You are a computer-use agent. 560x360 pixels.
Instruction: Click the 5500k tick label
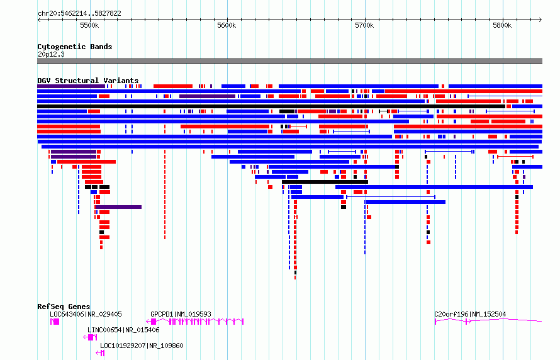tap(89, 25)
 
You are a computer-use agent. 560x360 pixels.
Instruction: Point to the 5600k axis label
tap(227, 25)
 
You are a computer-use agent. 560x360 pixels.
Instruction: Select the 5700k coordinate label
tap(365, 25)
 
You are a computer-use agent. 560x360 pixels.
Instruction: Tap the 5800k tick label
tap(502, 25)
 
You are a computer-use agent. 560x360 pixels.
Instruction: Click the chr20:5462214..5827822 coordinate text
tap(79, 14)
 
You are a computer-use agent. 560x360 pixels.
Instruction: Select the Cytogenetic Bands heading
tap(75, 47)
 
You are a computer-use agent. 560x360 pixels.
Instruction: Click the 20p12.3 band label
tap(51, 54)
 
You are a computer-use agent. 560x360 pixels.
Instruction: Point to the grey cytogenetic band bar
tap(289, 61)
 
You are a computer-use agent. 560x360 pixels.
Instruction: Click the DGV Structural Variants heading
tap(88, 81)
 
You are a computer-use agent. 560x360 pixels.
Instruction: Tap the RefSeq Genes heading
tap(64, 307)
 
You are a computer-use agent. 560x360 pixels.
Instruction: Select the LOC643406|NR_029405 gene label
tap(86, 314)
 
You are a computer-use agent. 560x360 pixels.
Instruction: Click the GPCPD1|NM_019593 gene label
tap(181, 314)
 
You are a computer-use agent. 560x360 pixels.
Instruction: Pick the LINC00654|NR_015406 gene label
tap(123, 330)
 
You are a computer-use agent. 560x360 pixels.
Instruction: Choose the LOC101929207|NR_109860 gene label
tap(142, 346)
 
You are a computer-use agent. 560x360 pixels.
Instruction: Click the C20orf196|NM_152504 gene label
tap(470, 314)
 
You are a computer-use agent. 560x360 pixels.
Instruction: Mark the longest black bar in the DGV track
tap(271, 106)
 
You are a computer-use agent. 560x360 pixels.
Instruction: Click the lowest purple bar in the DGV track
tap(118, 207)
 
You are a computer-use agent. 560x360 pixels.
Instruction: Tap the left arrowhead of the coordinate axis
tap(39, 20)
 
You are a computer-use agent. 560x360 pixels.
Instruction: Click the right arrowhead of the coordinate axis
tap(540, 20)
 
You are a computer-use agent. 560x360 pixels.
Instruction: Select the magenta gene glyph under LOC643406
tap(55, 322)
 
